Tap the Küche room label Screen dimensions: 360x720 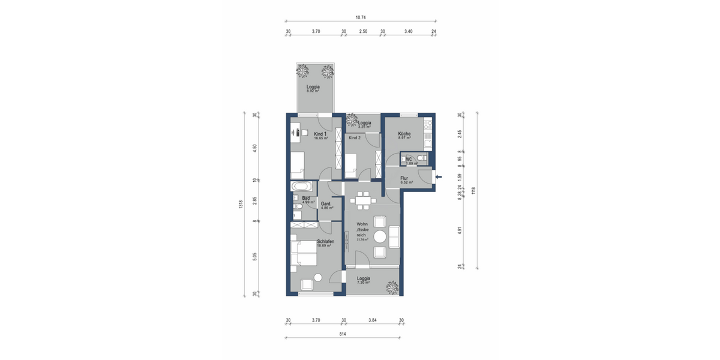(x=404, y=134)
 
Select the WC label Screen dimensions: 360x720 (x=409, y=159)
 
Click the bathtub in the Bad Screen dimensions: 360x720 (x=299, y=186)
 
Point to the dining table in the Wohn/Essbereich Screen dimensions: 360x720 (x=362, y=200)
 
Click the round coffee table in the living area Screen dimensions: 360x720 (x=380, y=236)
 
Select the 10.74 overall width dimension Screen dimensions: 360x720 (x=361, y=18)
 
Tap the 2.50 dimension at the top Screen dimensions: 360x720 (x=363, y=31)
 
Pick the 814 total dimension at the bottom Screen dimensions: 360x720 (x=343, y=334)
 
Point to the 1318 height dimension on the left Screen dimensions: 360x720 (x=241, y=204)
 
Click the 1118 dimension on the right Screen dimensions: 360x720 (x=473, y=190)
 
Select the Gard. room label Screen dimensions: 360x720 (x=326, y=204)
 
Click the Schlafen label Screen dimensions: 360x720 (x=325, y=241)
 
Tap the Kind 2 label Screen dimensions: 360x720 (x=355, y=138)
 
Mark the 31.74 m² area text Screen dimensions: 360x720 (x=362, y=239)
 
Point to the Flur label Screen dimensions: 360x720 (x=404, y=178)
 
